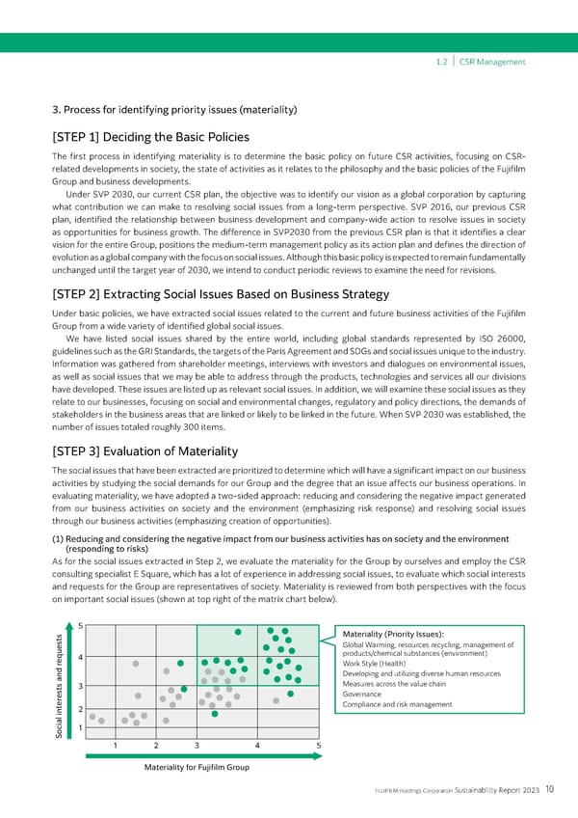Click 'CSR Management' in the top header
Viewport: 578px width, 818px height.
492,62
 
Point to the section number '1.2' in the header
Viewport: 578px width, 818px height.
441,62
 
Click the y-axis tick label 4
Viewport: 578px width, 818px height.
79,659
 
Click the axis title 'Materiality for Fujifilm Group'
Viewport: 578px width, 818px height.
196,768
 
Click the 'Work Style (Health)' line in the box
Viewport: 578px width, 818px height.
375,664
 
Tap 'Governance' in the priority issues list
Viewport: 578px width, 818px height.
362,695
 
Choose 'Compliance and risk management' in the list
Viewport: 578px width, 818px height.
397,704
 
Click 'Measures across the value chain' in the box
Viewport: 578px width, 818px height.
394,684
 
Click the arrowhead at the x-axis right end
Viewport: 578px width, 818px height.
320,757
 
